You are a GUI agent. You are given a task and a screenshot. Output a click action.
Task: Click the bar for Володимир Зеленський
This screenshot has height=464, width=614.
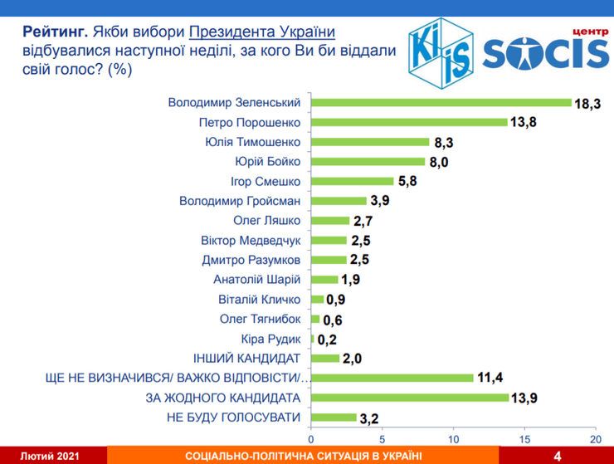click(441, 103)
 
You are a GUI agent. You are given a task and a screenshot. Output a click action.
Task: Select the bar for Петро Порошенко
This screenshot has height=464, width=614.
click(409, 122)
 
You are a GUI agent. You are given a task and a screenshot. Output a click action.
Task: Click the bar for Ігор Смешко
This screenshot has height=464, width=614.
click(353, 181)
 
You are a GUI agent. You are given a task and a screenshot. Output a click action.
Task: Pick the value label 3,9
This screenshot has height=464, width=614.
click(381, 201)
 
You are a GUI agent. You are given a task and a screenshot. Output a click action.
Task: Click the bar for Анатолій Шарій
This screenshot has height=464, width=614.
click(324, 280)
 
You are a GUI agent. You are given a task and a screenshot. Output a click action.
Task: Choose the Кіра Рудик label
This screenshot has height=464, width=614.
click(270, 339)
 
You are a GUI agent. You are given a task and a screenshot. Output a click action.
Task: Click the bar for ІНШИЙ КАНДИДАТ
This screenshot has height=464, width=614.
click(325, 358)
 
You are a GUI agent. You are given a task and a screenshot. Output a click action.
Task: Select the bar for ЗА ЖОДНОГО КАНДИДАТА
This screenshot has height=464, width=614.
click(410, 397)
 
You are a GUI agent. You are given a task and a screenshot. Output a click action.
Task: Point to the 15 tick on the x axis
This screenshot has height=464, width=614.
click(524, 438)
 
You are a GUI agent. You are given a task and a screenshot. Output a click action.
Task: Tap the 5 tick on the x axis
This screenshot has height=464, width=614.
click(383, 438)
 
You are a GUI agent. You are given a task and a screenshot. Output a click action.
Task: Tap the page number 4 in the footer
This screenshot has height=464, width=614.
click(557, 455)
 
